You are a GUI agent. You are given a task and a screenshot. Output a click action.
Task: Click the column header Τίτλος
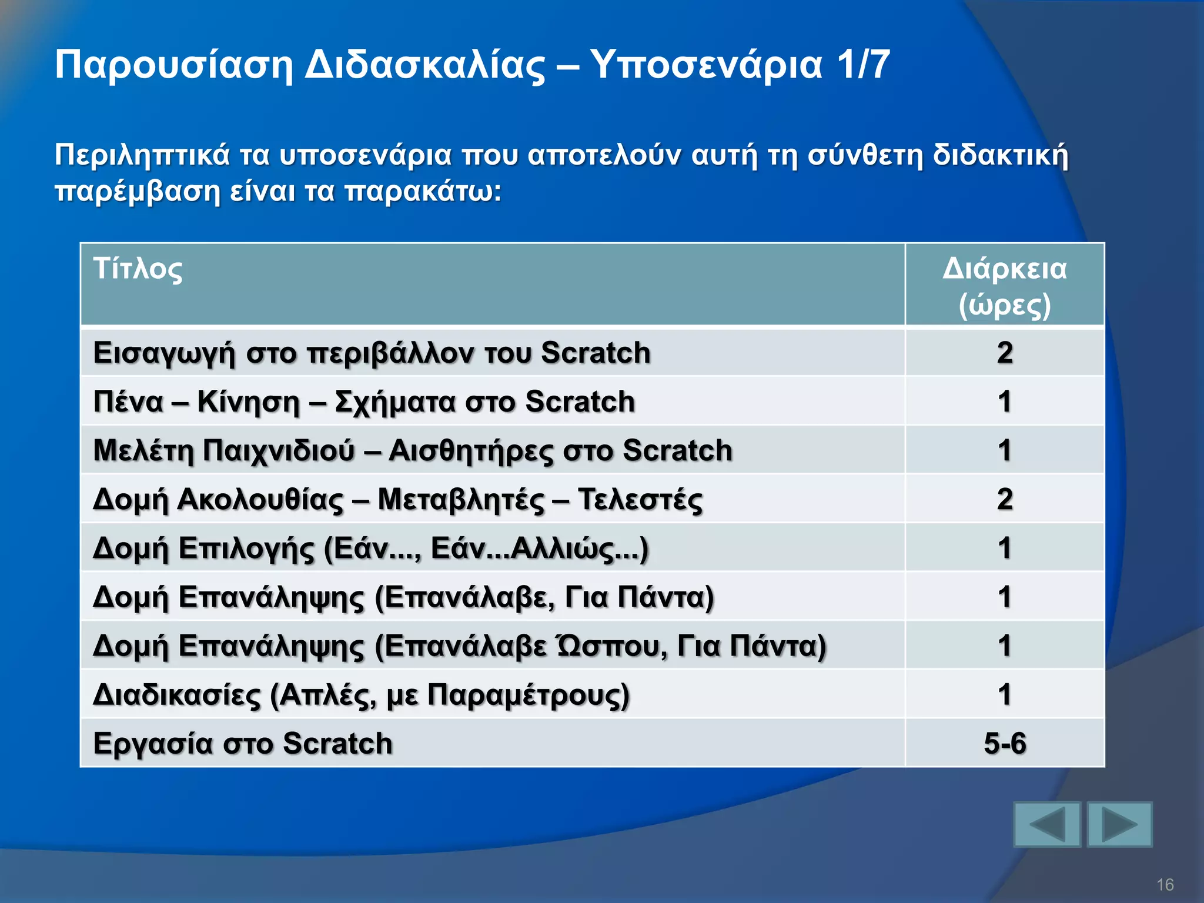pos(138,269)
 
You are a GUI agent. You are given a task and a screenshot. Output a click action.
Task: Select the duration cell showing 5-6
pos(1004,743)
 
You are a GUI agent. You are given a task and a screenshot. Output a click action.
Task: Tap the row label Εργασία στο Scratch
pos(243,743)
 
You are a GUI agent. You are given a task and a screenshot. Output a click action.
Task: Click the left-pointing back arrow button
pos(1047,824)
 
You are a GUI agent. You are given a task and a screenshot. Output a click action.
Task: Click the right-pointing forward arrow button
pos(1119,824)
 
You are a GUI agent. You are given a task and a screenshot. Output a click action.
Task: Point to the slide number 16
pos(1165,884)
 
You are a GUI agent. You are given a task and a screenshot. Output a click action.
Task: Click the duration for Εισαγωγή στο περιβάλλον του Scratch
pos(1004,353)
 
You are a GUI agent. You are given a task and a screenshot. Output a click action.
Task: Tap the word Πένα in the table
pos(128,402)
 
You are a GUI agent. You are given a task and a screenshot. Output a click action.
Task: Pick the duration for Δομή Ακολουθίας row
pos(1004,499)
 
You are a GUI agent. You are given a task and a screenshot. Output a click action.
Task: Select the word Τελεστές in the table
pos(640,500)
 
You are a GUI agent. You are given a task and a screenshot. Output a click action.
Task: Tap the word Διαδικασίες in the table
pos(176,695)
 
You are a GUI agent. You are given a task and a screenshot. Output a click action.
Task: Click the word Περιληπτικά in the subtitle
pos(142,155)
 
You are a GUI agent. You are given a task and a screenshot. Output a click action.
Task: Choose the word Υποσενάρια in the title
pos(706,65)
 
